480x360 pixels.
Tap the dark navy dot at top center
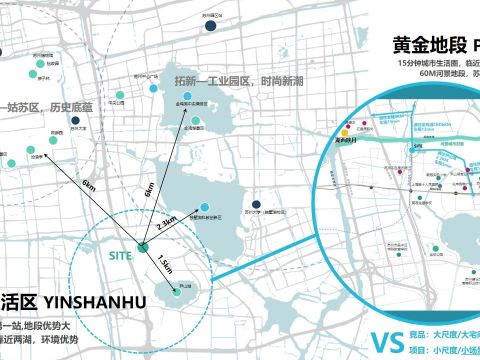point(212,28)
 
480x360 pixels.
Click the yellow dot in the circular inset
point(344,131)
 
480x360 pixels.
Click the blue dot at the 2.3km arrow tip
point(205,208)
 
